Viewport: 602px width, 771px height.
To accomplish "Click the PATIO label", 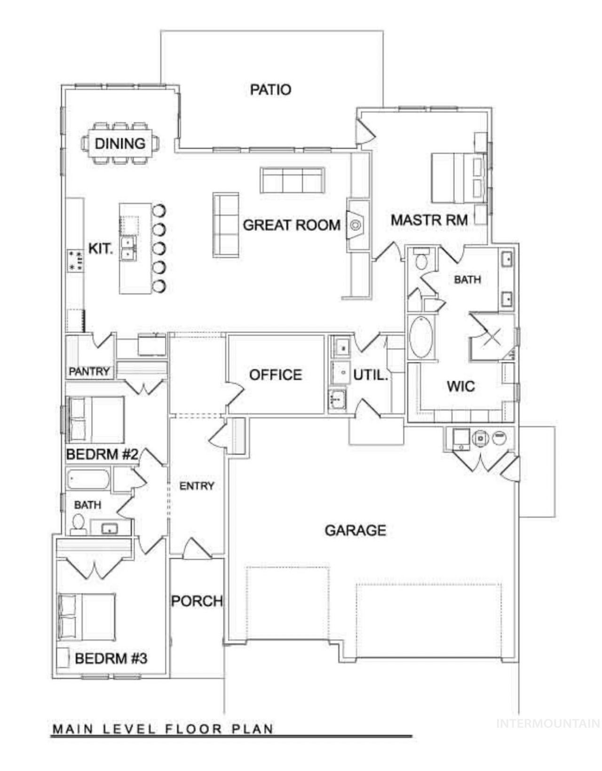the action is point(270,89).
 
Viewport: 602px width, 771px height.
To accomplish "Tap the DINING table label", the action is point(120,144).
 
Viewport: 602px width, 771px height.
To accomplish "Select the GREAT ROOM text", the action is point(292,225).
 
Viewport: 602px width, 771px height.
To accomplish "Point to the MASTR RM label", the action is point(429,220).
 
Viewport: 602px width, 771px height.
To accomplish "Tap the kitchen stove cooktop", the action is point(76,260).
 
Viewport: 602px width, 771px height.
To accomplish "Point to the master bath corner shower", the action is point(491,336).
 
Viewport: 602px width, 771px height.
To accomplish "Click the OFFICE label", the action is point(276,375).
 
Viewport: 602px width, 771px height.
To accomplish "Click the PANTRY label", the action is point(89,371).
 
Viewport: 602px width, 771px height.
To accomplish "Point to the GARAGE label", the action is point(355,530).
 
